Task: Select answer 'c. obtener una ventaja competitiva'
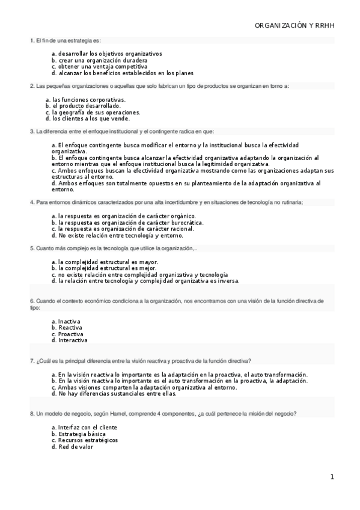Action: (x=99, y=67)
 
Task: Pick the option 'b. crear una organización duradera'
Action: (x=99, y=60)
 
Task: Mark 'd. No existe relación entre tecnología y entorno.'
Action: (x=117, y=235)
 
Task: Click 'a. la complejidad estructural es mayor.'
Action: (x=105, y=262)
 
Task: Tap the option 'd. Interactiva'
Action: (x=70, y=340)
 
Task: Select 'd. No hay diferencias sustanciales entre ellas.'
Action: (x=114, y=393)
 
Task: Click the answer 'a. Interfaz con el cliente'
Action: (x=84, y=427)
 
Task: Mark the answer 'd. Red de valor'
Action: (x=73, y=446)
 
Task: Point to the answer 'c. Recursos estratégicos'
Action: (x=85, y=440)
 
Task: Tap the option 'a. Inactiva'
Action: (x=66, y=321)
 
